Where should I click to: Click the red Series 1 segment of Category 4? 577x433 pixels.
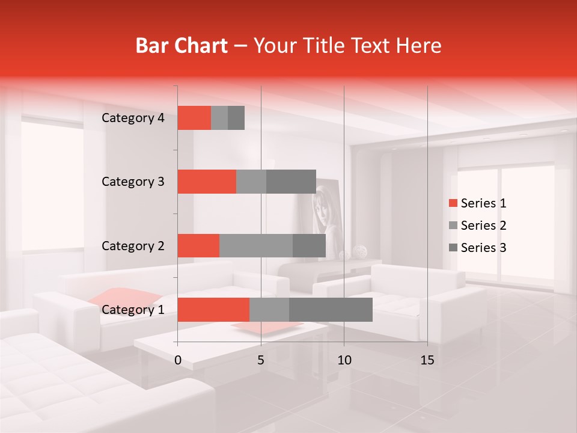(x=194, y=118)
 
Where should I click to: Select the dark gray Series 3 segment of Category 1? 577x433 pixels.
(x=331, y=310)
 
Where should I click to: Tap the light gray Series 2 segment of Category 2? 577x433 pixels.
(x=256, y=245)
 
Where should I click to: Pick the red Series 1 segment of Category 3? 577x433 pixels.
(x=207, y=182)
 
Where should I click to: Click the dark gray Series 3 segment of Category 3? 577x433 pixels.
(x=291, y=182)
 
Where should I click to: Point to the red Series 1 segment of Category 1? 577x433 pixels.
(x=213, y=310)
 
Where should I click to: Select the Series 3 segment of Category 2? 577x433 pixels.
(x=309, y=245)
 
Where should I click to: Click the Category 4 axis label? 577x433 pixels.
(x=133, y=118)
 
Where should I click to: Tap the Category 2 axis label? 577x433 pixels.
(x=133, y=245)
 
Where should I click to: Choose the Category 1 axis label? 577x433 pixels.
(x=133, y=310)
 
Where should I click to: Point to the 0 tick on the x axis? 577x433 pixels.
(x=178, y=360)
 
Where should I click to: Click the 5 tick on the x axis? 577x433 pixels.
(x=261, y=360)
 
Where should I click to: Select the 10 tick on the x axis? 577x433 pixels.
(x=344, y=360)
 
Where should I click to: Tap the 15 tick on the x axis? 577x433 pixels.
(x=427, y=360)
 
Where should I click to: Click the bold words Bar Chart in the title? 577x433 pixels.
(x=181, y=46)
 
